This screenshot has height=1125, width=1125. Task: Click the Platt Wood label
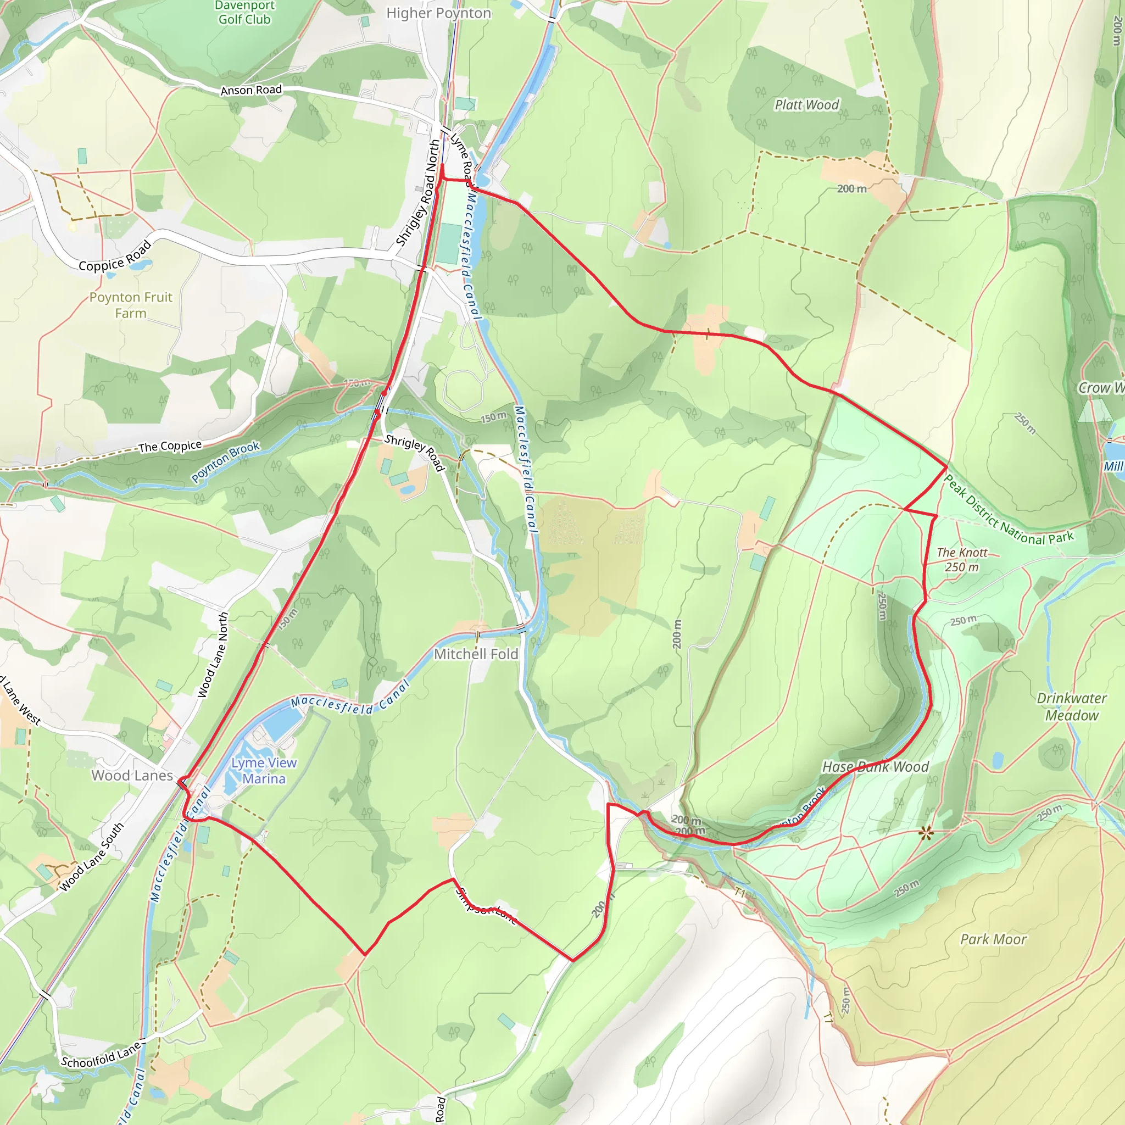(x=806, y=105)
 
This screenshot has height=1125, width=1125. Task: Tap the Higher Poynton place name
(x=438, y=13)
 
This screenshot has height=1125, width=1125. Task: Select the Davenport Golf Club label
(x=244, y=12)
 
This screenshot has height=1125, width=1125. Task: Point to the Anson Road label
(x=251, y=90)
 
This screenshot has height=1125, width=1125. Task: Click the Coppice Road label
(x=115, y=257)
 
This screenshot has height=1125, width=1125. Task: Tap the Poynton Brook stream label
(x=225, y=462)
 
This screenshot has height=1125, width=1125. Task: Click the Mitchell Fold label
(x=476, y=654)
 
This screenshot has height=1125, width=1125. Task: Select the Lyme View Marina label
(x=264, y=770)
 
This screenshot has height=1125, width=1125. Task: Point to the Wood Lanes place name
(x=132, y=775)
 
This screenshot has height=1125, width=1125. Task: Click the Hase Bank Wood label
(x=875, y=767)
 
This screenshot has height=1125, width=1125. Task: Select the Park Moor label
(x=993, y=939)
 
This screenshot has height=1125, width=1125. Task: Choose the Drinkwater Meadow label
(x=1071, y=706)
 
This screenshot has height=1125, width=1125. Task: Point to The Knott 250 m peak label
(x=962, y=560)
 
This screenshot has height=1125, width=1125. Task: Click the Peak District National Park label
(x=1007, y=511)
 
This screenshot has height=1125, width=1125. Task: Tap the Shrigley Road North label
(x=418, y=193)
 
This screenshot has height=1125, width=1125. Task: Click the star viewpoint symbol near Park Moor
(x=926, y=833)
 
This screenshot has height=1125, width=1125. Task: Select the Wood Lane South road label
(x=92, y=857)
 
